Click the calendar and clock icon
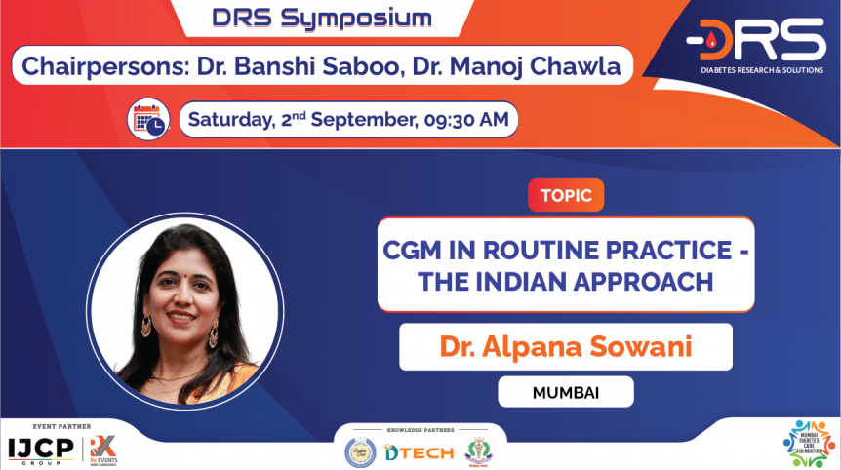coord(150,120)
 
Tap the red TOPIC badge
coord(566,195)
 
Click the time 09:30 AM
coord(466,120)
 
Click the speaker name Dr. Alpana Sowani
coord(565,347)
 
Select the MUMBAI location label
coord(565,392)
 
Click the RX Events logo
coord(101,448)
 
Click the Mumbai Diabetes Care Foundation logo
coord(809,445)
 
